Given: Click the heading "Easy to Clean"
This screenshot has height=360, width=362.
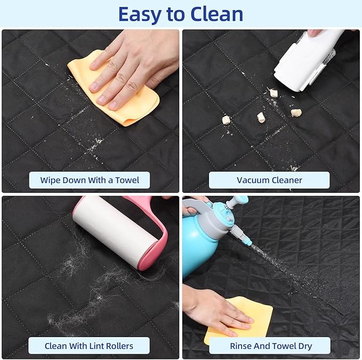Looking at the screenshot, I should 181,14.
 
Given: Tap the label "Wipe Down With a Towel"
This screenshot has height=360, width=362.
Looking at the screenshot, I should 90,180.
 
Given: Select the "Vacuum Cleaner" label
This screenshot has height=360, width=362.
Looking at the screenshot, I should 269,180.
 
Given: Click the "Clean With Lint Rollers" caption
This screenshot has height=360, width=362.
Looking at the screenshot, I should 90,346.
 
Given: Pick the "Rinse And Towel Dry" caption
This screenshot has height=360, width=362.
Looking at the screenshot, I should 271,346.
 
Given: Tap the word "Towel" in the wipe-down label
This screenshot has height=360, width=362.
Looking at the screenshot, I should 126,180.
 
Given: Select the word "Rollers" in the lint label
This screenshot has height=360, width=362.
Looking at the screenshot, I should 117,346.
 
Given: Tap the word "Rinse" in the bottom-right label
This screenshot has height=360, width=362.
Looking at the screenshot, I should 241,346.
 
